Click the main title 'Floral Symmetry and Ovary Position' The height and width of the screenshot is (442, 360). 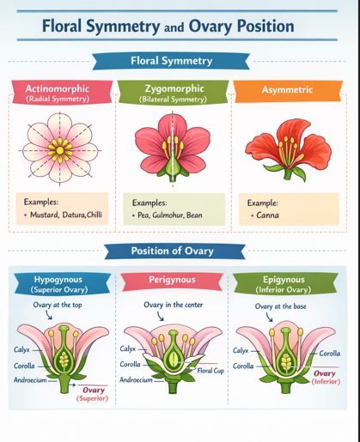(168, 26)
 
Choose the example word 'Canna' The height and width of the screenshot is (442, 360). (272, 216)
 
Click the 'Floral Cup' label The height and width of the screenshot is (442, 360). (212, 371)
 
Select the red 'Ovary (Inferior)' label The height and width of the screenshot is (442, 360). (326, 378)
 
